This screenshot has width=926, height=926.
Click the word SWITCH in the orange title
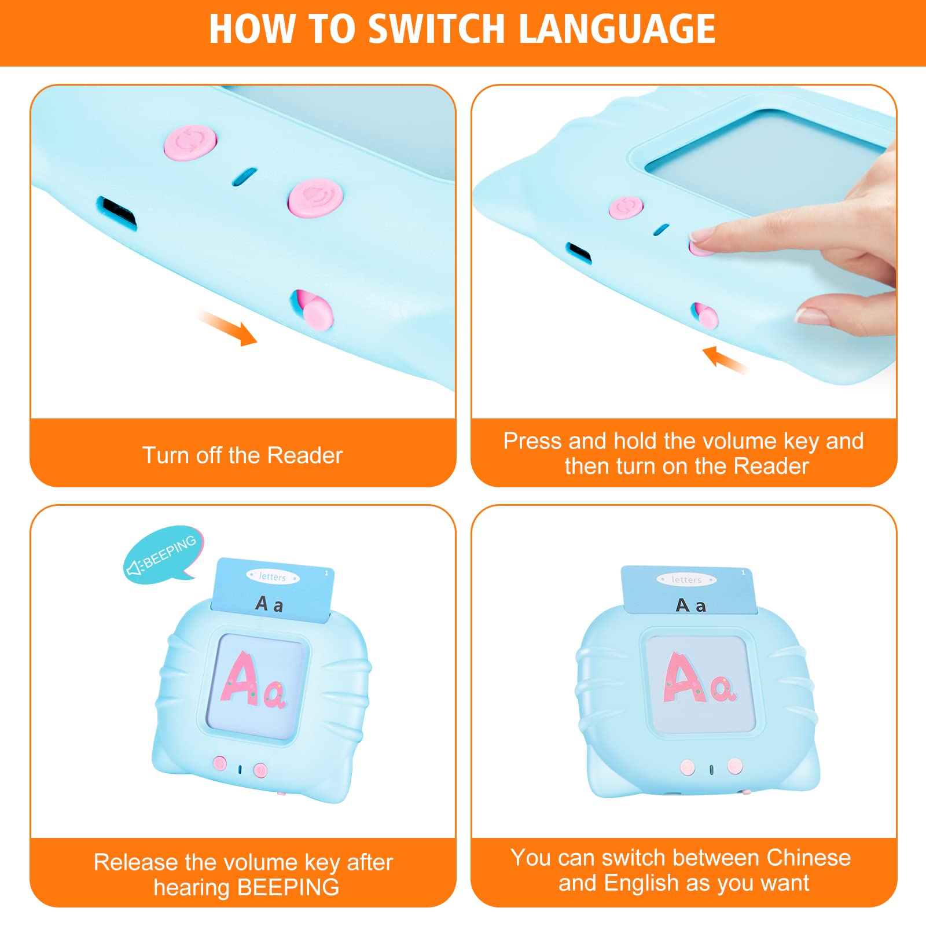[436, 29]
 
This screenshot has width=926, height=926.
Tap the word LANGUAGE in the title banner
[618, 29]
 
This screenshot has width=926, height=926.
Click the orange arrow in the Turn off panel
[228, 328]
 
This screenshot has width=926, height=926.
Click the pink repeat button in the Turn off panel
[190, 142]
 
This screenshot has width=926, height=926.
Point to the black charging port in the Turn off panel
[117, 212]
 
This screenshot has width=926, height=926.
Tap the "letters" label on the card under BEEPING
[273, 576]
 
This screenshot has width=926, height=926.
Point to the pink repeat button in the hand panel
[626, 207]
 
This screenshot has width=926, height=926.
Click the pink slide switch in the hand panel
[705, 315]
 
